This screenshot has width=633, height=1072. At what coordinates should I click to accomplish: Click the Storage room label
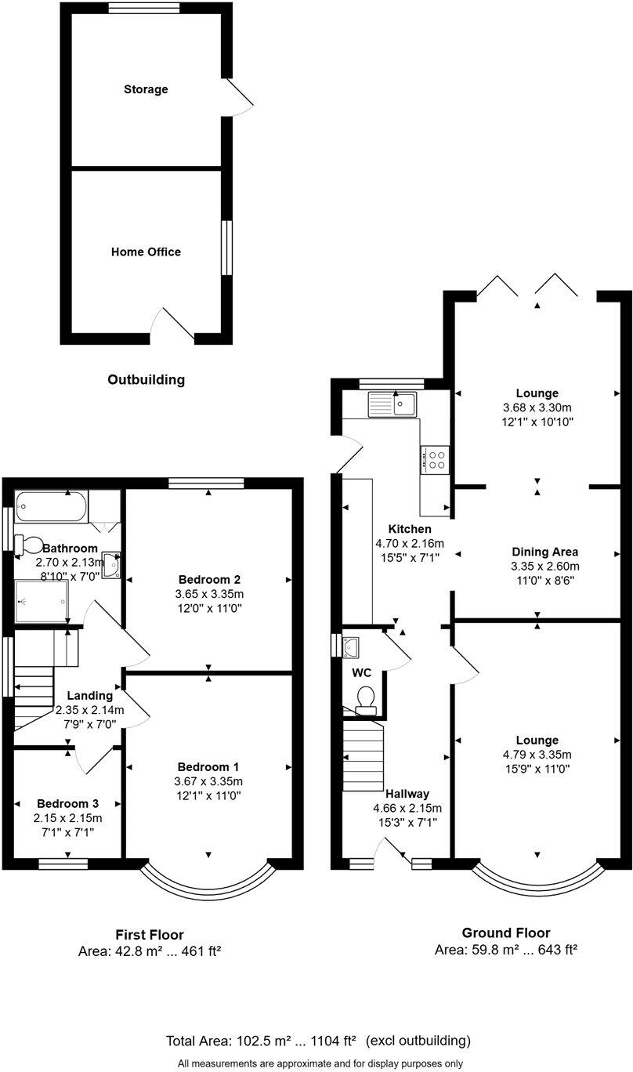[146, 89]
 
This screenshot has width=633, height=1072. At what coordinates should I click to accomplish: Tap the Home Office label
[146, 252]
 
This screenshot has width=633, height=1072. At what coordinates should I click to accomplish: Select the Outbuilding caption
[146, 380]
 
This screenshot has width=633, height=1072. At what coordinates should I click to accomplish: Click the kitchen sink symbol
[394, 404]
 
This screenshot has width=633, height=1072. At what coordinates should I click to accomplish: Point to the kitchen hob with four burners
[436, 459]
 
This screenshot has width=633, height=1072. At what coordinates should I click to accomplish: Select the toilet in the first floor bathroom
[31, 544]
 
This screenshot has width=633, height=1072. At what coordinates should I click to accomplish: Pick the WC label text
[361, 673]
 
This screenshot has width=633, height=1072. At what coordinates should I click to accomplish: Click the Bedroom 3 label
[68, 803]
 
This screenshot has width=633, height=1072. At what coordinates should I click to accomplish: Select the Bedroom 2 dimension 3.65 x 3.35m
[209, 594]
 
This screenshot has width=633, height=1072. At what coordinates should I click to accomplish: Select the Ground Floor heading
[505, 933]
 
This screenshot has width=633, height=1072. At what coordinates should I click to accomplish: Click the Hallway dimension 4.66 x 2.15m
[406, 809]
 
